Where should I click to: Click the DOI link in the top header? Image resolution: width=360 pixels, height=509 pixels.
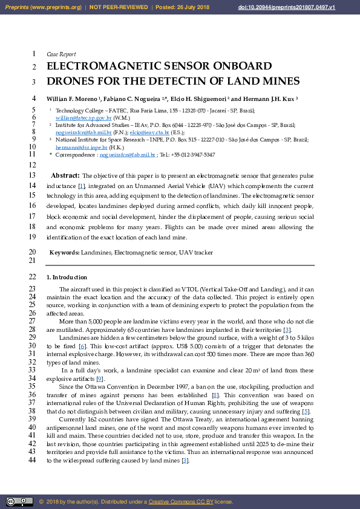click(304, 7)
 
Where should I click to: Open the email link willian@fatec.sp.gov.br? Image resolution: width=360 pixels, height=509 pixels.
click(83, 118)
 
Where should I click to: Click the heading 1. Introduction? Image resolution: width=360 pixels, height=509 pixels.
click(67, 277)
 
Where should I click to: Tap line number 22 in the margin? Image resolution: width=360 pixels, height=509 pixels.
click(32, 277)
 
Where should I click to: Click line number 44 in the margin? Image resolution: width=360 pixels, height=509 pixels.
click(32, 460)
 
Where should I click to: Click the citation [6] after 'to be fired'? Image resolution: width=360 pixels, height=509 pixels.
click(82, 346)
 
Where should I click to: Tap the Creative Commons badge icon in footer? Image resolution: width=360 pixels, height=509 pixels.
click(19, 502)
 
